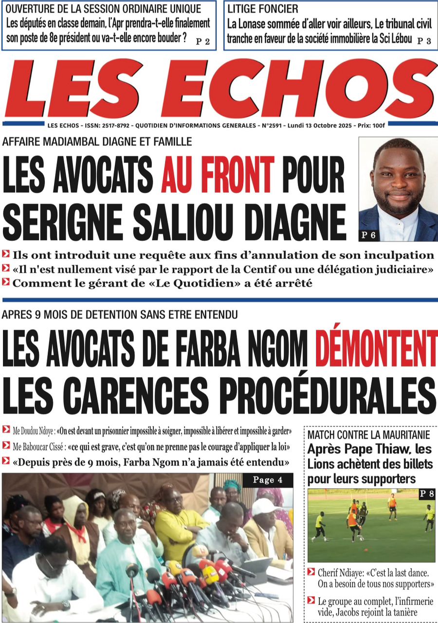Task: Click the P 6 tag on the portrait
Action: (368, 236)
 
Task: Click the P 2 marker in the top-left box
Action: (202, 41)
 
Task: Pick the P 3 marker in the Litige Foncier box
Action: (424, 41)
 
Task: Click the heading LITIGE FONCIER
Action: (263, 9)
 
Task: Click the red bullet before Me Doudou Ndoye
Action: (6, 430)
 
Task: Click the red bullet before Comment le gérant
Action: (6, 282)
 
